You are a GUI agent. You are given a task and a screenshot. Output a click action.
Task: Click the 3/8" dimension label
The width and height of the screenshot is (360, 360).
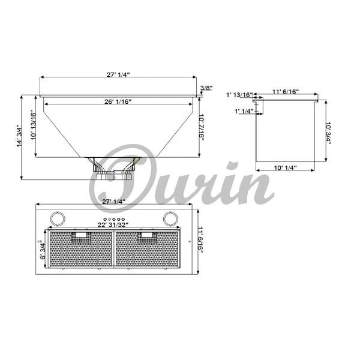206,88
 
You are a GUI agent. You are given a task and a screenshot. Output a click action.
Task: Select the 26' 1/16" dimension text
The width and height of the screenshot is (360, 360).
118,102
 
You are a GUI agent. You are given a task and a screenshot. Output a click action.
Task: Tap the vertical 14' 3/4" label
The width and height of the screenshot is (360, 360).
19,136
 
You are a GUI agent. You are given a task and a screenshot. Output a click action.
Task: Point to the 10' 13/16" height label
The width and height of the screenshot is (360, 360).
33,125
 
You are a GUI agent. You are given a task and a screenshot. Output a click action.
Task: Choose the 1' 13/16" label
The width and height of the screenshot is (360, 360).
239,95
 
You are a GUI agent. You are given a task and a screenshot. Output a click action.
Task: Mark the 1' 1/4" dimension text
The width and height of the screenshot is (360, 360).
244,111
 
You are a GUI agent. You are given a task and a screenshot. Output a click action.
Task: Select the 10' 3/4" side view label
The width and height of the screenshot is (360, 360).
328,133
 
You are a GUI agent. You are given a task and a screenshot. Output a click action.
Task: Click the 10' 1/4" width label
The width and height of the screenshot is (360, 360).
286,168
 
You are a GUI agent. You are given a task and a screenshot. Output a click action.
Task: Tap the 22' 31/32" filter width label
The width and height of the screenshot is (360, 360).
113,225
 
